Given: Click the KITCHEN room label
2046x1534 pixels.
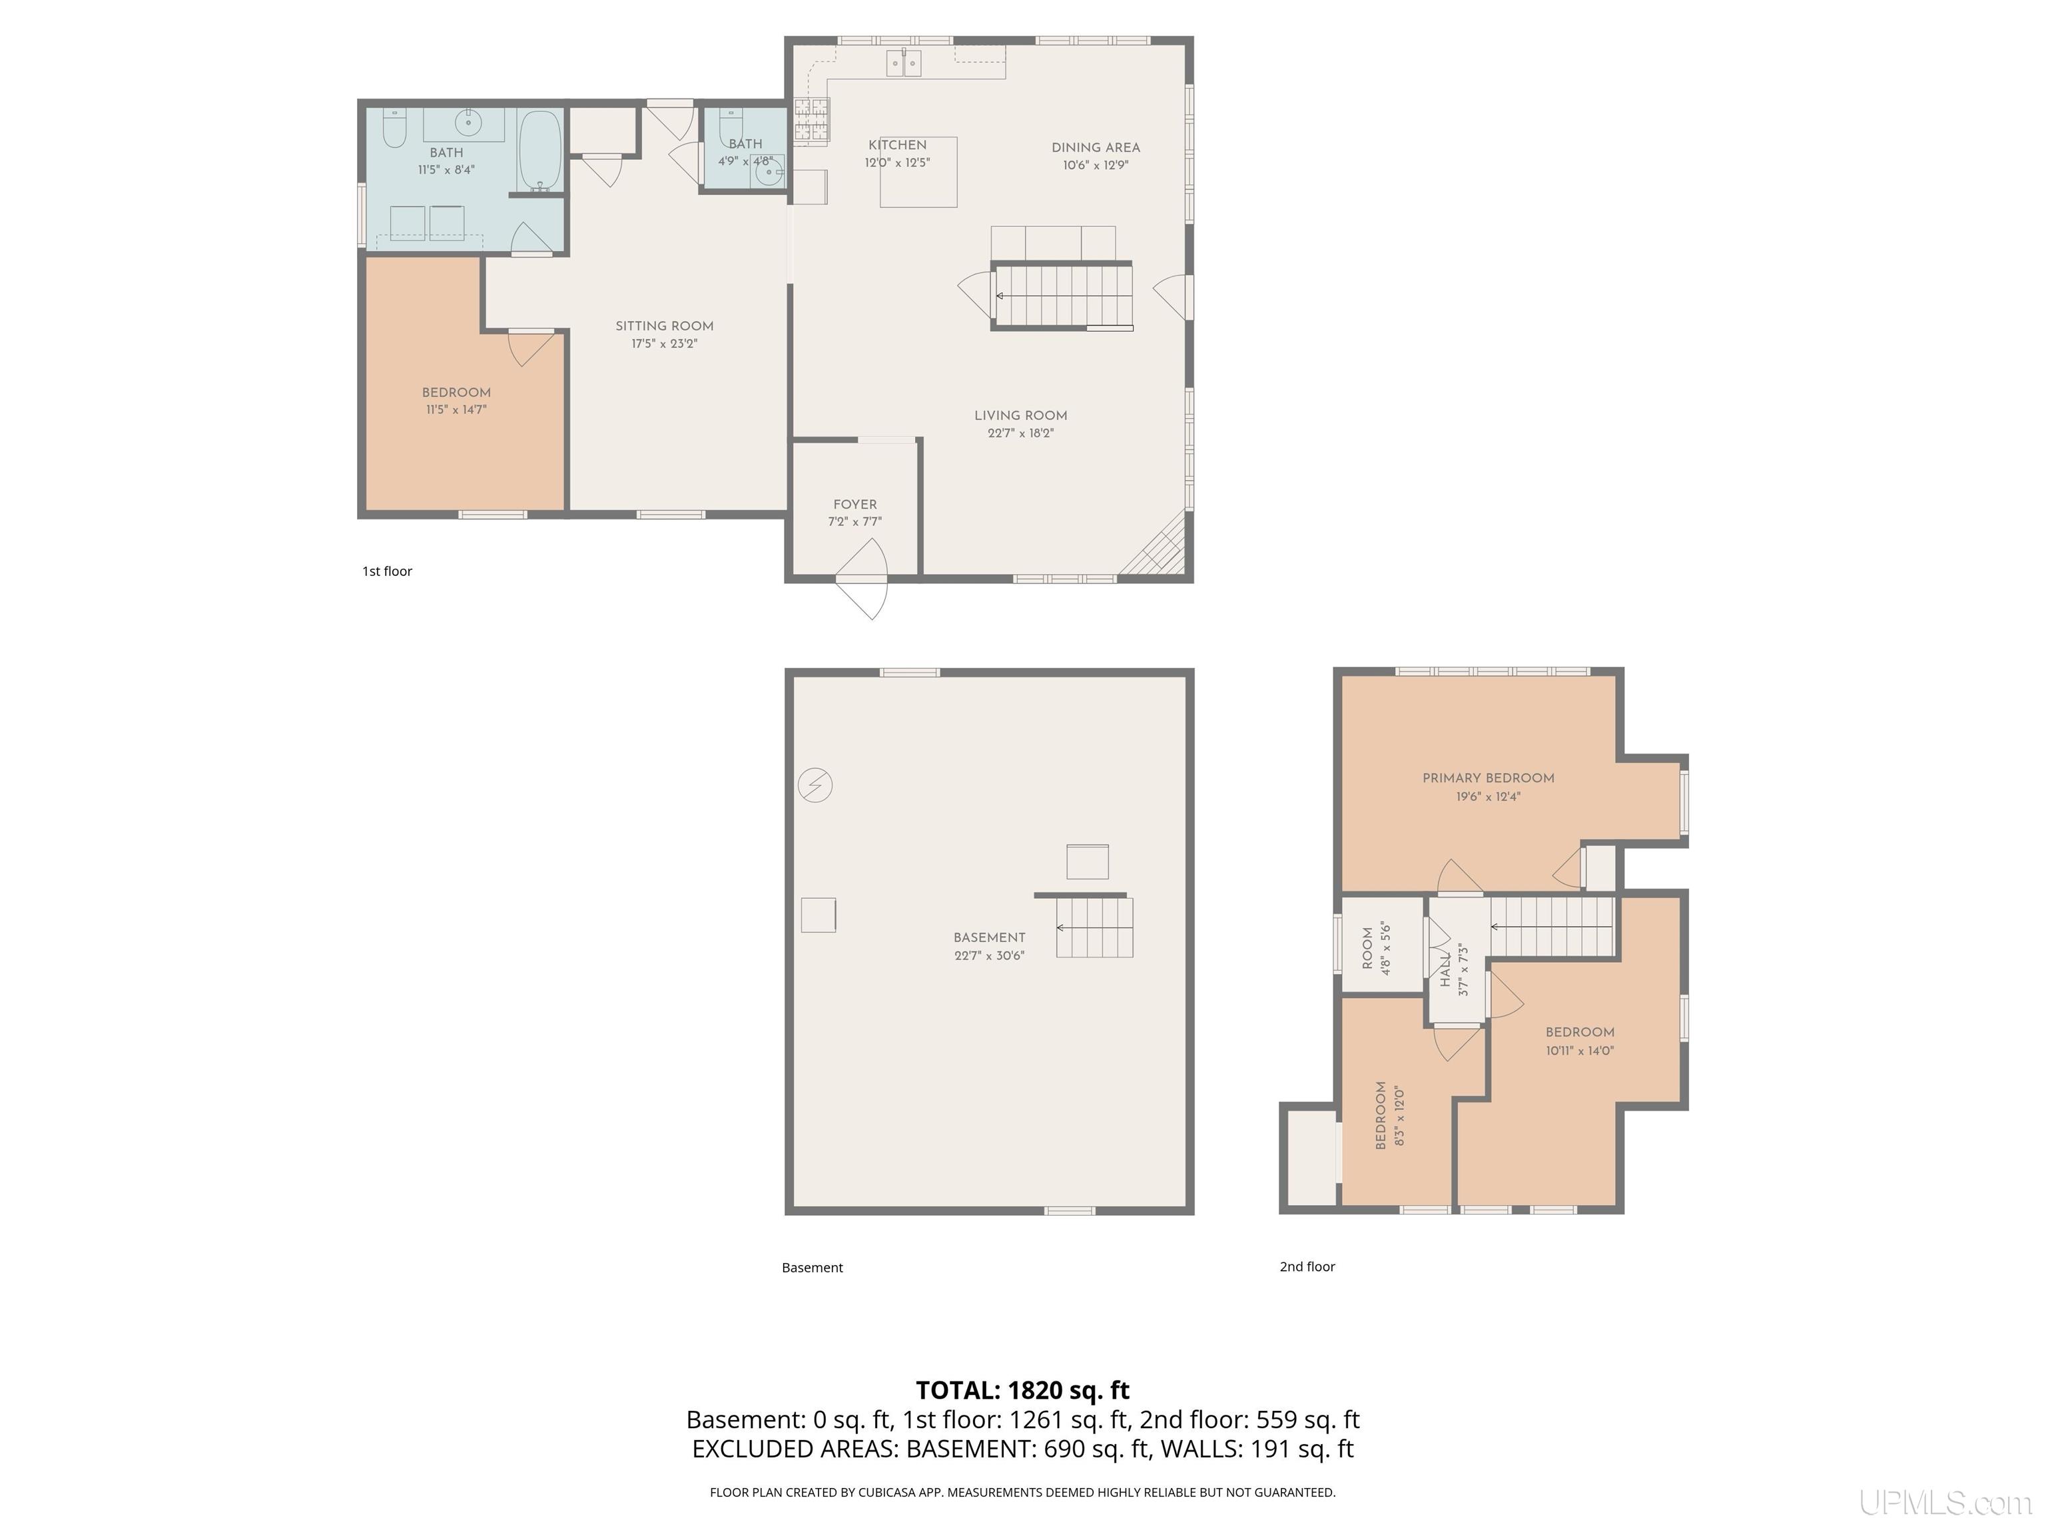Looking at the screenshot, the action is (x=897, y=145).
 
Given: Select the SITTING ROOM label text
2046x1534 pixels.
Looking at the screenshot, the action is (x=664, y=326).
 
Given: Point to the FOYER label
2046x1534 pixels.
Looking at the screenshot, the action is (x=854, y=505).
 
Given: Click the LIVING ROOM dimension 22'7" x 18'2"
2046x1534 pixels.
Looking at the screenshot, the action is (x=1020, y=433).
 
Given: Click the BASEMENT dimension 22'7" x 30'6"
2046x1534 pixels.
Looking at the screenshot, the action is (x=989, y=956).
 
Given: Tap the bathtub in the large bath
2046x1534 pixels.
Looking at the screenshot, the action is (x=539, y=150).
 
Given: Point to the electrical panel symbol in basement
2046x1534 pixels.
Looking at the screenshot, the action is (x=815, y=786).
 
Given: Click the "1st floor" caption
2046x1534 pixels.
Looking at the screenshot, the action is (x=387, y=571).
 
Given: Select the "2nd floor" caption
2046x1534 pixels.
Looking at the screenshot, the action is (x=1307, y=1267).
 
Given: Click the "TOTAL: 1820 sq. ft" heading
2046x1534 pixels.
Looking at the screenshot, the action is (x=1022, y=1391).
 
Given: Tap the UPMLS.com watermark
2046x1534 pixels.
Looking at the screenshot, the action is (x=1945, y=1503).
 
